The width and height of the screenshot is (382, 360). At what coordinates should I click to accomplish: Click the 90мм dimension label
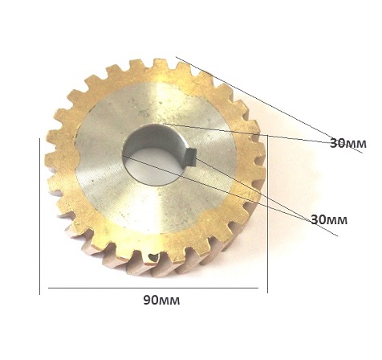(161, 301)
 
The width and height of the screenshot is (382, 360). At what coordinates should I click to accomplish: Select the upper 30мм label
(348, 143)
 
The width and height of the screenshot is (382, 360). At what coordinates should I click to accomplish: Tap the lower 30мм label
(329, 220)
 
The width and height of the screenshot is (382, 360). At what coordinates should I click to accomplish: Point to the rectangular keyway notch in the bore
(191, 157)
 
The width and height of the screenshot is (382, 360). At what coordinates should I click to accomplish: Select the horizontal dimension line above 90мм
(153, 288)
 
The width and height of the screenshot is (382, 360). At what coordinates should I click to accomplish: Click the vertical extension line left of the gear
(39, 216)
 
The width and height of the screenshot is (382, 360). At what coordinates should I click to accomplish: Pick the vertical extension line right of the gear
(267, 214)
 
